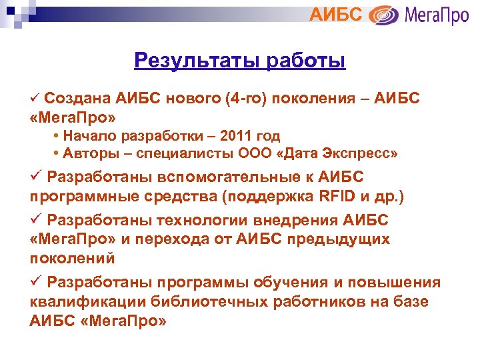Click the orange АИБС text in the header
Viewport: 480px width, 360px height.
[336, 14]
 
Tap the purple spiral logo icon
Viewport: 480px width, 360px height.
[383, 15]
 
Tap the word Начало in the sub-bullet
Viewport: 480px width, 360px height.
[87, 136]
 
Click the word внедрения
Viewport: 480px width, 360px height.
[296, 220]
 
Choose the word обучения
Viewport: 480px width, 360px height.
[301, 281]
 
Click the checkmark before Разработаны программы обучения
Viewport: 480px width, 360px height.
[36, 281]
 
